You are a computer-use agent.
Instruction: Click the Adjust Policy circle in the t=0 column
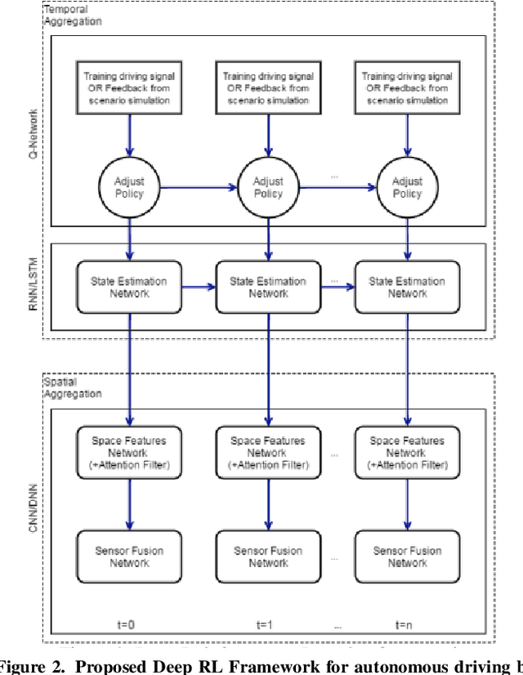tap(128, 187)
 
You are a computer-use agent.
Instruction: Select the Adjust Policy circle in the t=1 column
tap(269, 187)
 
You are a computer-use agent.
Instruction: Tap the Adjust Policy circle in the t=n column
tap(407, 187)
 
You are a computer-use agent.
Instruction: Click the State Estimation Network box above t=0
tap(128, 288)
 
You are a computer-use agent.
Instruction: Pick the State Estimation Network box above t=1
tap(269, 288)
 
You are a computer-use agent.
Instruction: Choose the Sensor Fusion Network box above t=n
tap(407, 557)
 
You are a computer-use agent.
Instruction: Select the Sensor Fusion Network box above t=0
tap(128, 557)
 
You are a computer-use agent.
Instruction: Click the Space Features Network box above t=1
tap(269, 453)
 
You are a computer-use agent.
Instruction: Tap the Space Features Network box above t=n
tap(407, 453)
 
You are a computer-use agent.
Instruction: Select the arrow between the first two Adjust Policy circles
tap(198, 187)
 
